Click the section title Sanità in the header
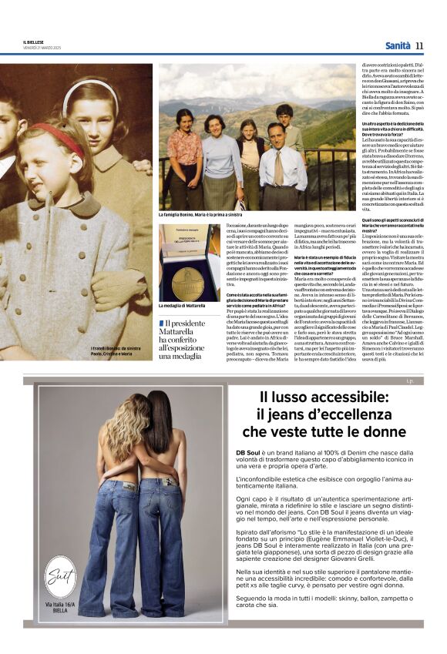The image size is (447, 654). point(397,45)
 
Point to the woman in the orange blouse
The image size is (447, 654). point(186,153)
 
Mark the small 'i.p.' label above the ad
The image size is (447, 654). point(408,381)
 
